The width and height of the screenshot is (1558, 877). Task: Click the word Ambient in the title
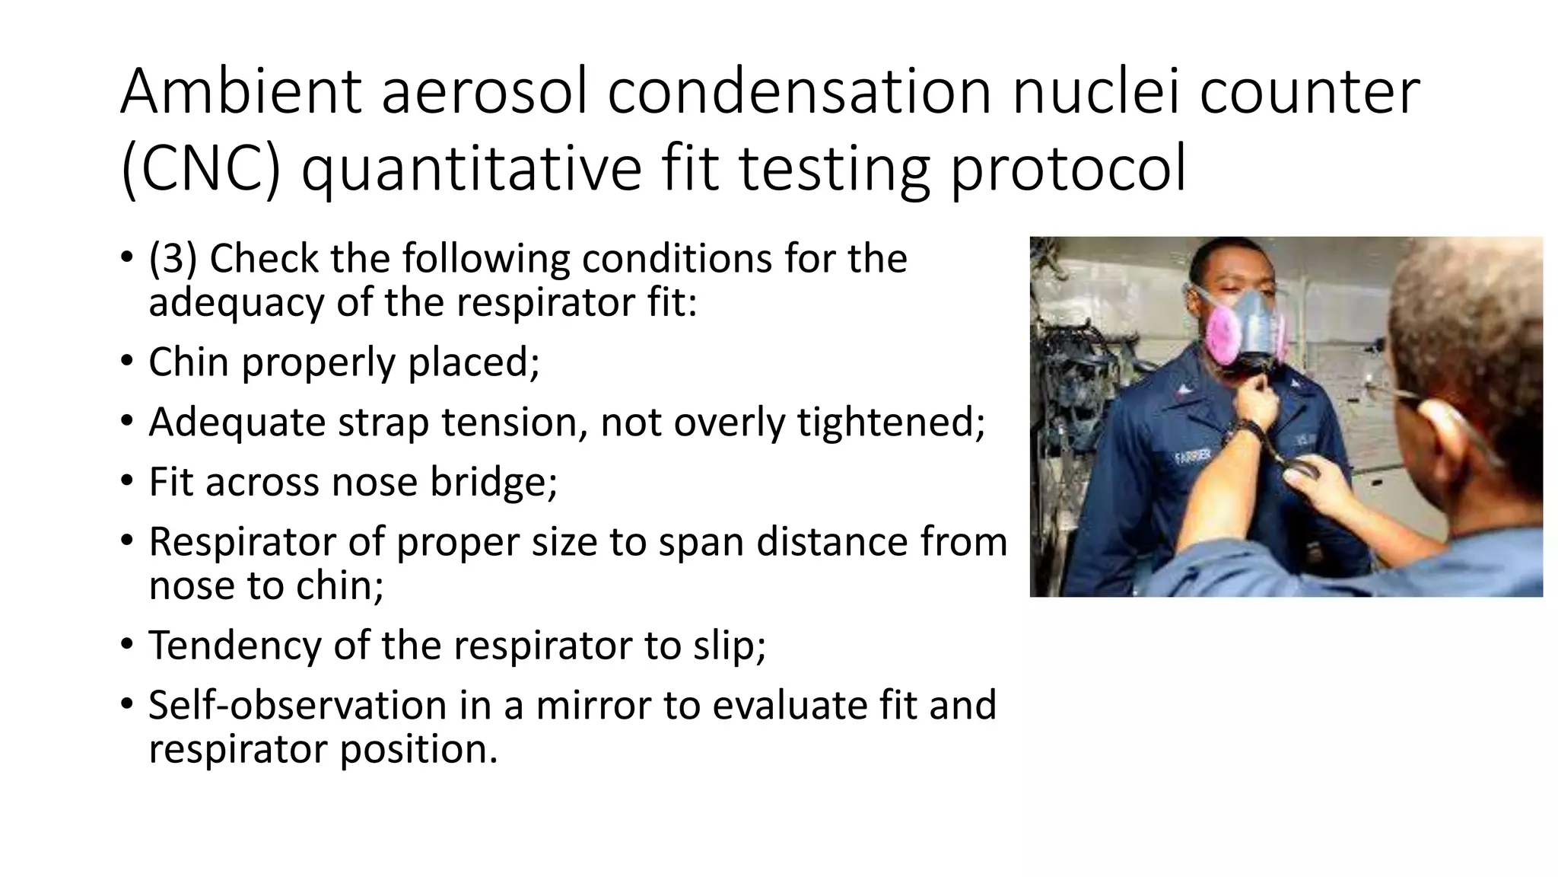tap(240, 92)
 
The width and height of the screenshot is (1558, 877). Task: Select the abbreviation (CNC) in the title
tap(200, 168)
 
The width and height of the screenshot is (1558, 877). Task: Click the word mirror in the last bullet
tap(593, 705)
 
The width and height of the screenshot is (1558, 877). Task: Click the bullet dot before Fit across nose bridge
tap(127, 481)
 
